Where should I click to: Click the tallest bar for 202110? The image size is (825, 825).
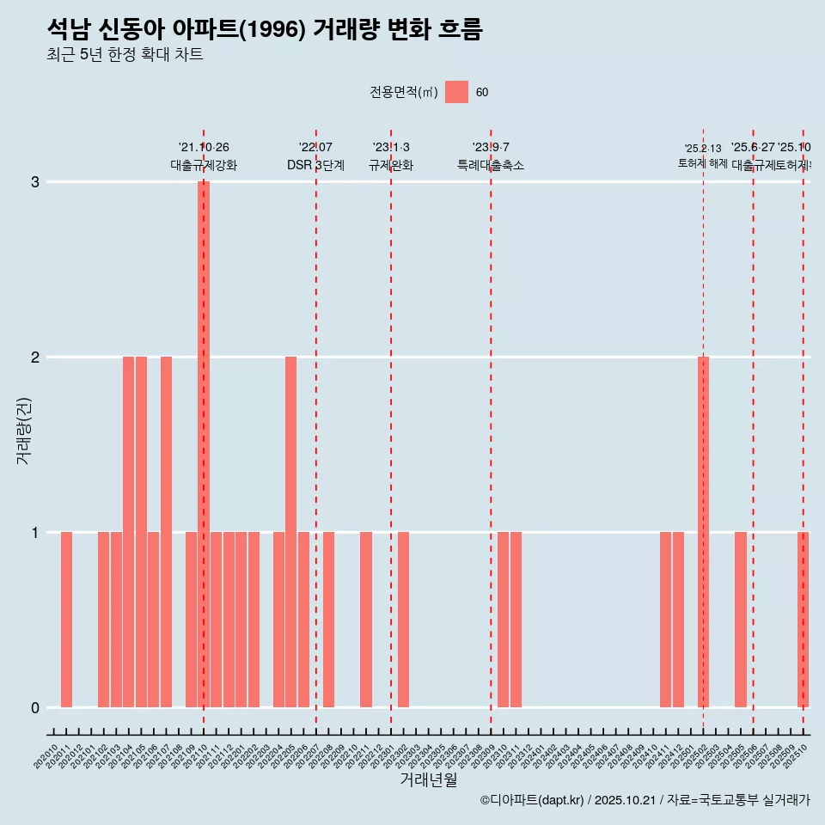204,444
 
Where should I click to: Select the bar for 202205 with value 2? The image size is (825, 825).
290,532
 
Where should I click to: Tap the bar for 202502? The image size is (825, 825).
703,532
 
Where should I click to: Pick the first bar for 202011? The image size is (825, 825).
66,620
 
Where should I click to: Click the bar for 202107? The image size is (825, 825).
166,532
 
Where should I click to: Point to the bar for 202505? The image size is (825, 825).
741,620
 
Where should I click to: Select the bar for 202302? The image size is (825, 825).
403,620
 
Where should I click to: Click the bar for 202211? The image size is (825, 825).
366,620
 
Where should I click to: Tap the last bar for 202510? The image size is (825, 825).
803,620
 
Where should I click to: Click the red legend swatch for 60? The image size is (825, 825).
456,92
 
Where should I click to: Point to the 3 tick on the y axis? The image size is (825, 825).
35,182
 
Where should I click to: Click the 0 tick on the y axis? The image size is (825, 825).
35,708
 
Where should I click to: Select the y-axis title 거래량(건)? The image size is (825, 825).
24,431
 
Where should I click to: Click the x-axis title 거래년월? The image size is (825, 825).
428,779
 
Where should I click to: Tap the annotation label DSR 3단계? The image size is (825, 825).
315,165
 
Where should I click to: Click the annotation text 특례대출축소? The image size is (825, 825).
490,165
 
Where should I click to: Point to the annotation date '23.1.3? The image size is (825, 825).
391,148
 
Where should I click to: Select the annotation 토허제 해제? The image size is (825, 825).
702,163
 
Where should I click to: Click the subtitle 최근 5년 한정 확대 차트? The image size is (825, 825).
125,55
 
